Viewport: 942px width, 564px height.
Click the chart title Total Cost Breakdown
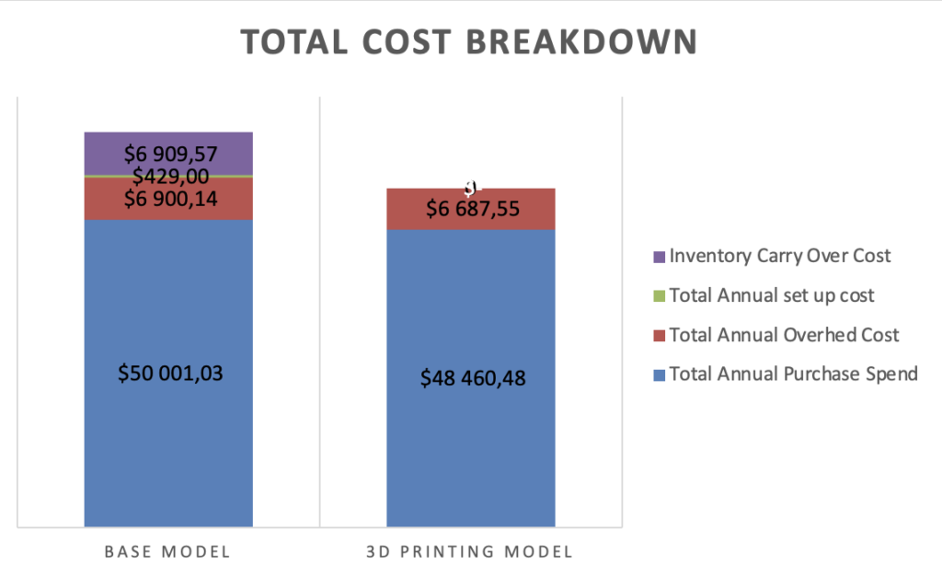point(469,42)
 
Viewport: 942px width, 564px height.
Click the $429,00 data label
point(170,177)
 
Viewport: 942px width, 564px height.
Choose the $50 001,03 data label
point(170,373)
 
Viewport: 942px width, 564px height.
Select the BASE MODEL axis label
point(167,551)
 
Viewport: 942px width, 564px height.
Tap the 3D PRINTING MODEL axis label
point(469,551)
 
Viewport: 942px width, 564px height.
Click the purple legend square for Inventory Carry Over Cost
point(659,257)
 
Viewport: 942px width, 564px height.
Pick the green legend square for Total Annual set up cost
point(659,296)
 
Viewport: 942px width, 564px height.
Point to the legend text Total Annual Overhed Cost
point(784,335)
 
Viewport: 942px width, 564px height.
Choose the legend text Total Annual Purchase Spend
point(793,374)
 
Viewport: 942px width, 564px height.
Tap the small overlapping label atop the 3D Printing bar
point(471,187)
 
